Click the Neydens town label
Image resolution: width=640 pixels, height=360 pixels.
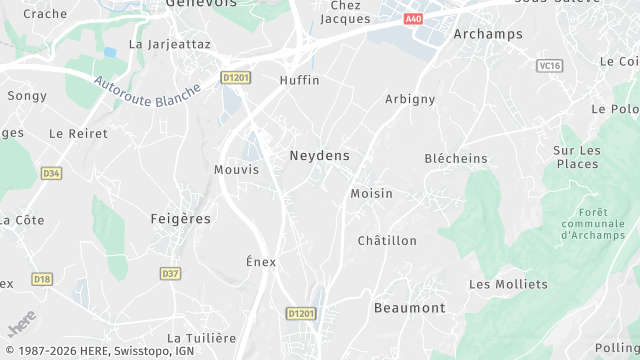320,156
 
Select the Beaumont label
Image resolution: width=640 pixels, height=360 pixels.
409,308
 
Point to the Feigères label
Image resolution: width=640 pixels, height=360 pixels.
180,218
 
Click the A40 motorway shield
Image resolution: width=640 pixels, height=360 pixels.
414,19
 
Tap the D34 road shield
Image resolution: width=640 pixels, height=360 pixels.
52,173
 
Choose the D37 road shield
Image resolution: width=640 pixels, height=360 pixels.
170,273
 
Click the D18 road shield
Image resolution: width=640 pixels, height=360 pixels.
41,279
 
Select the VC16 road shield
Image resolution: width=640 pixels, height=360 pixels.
549,66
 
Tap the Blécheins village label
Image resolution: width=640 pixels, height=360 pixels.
456,158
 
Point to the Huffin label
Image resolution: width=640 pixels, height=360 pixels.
300,80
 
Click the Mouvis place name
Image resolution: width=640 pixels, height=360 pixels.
236,169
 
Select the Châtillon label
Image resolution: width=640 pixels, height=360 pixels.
387,241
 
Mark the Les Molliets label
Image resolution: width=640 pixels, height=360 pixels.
508,284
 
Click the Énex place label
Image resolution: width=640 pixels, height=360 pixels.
261,261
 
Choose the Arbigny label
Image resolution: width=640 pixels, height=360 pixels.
410,99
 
